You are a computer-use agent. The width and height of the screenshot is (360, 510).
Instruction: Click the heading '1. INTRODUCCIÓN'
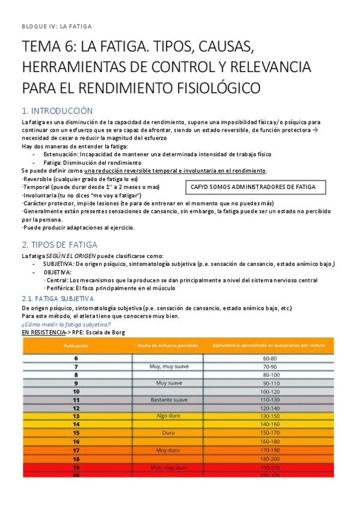[56, 111]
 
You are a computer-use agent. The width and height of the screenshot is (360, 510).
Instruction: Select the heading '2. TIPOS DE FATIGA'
[59, 245]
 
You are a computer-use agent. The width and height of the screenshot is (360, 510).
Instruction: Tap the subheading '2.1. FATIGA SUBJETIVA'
[57, 298]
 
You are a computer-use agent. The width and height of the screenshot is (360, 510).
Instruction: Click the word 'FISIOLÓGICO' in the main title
[214, 88]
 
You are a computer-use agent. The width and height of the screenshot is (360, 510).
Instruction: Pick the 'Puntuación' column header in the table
[76, 346]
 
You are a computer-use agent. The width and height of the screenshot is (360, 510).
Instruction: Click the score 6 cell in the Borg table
[76, 358]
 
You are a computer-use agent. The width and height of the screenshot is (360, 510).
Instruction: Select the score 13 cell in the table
[76, 416]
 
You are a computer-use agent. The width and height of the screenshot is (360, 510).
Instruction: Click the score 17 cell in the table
[76, 449]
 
